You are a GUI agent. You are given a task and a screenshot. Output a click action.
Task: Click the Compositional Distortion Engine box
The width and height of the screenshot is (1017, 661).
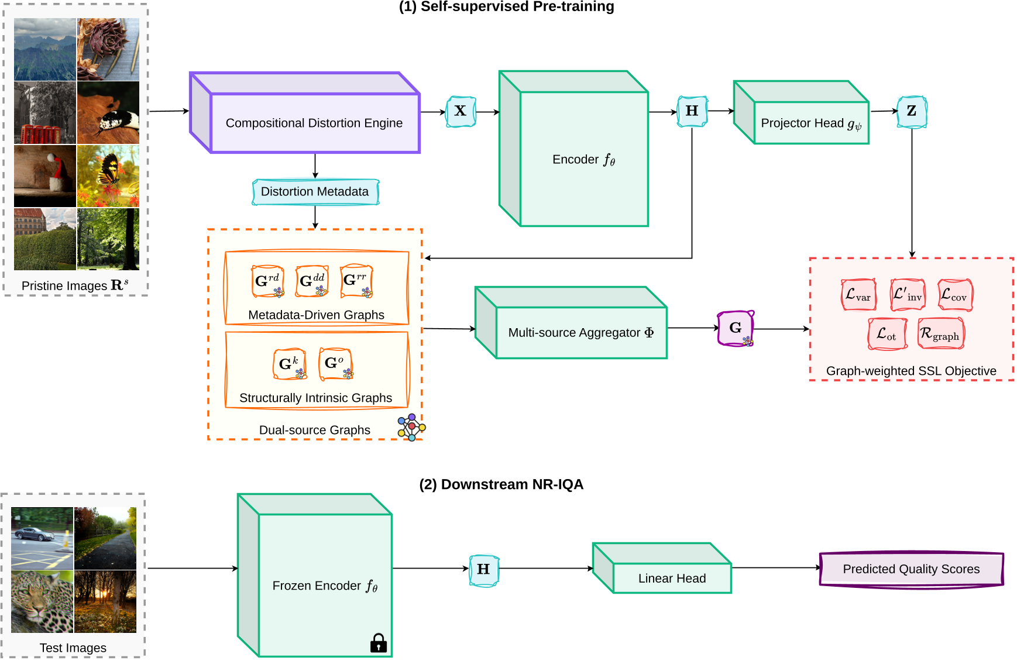click(314, 123)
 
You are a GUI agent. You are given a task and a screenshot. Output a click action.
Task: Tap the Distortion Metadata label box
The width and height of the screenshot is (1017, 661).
click(315, 192)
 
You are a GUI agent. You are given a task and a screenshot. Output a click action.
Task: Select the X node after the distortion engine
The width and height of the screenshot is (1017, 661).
click(461, 111)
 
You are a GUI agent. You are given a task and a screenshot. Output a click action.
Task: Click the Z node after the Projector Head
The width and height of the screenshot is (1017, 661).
click(911, 111)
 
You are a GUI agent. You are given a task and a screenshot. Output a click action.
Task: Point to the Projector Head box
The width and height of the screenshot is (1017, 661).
click(810, 123)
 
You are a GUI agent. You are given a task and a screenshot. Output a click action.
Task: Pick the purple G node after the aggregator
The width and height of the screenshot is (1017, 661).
click(736, 328)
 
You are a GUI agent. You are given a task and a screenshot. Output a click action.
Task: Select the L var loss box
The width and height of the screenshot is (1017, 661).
click(858, 295)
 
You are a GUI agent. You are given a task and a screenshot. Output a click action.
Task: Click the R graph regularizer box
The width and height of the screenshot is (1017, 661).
click(940, 334)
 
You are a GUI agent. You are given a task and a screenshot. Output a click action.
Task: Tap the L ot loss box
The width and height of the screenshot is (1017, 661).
click(887, 334)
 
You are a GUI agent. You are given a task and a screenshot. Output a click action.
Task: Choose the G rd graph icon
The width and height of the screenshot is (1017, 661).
click(267, 281)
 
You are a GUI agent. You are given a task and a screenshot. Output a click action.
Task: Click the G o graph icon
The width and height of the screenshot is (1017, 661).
click(335, 363)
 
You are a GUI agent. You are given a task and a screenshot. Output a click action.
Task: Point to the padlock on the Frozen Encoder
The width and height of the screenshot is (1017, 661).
click(379, 643)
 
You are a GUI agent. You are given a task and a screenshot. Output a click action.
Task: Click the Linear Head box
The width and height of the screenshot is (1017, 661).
click(672, 578)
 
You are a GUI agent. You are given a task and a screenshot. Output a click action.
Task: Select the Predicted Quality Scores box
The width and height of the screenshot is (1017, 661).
click(911, 569)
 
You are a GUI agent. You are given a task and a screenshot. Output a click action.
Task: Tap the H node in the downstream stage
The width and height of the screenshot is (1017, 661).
click(484, 569)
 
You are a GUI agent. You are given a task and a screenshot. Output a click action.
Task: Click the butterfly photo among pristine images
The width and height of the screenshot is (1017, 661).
click(108, 176)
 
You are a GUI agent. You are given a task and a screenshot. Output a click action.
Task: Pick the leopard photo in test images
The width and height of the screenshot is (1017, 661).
click(42, 602)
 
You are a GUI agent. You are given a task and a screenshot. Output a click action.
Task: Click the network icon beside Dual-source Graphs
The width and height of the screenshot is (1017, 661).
click(411, 427)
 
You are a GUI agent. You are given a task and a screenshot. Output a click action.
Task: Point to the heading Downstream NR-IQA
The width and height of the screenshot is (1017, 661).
click(501, 484)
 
